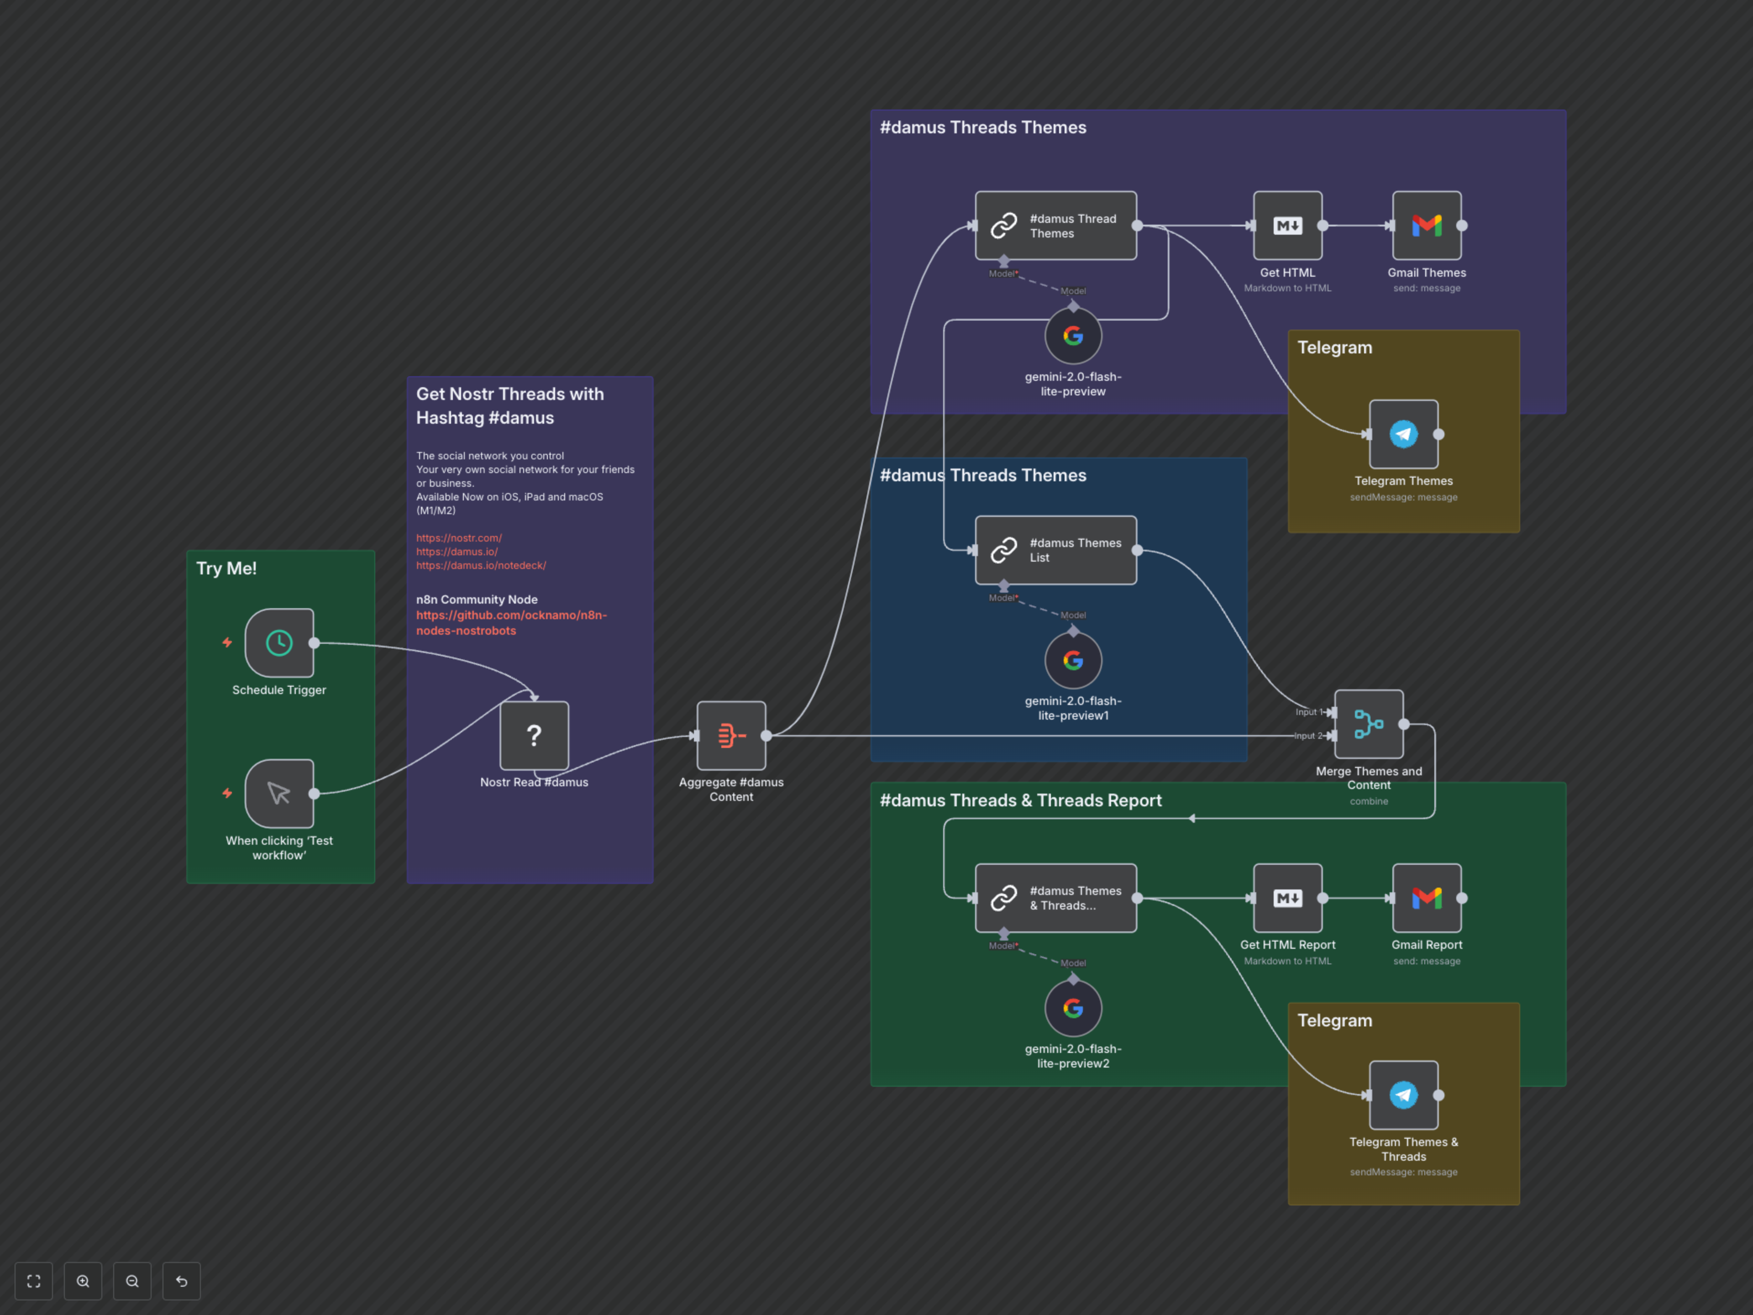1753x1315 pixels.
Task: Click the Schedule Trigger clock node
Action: (x=279, y=643)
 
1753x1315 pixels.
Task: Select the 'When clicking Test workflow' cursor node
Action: (x=279, y=794)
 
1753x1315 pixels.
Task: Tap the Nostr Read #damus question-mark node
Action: (x=534, y=736)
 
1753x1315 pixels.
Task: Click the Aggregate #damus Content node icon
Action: (x=731, y=736)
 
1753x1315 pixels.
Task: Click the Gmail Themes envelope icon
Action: (x=1427, y=226)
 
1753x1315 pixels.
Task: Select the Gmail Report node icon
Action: (x=1427, y=898)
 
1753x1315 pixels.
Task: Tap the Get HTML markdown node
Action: (x=1287, y=226)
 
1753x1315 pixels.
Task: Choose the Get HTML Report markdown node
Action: (x=1287, y=898)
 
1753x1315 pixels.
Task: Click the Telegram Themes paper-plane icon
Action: (x=1403, y=434)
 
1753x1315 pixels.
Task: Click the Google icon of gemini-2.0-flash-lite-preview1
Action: (x=1073, y=660)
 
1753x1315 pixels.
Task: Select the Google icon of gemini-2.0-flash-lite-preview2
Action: (x=1073, y=1008)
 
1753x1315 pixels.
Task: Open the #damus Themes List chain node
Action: (x=1055, y=550)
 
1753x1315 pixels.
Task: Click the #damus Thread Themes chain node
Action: (x=1055, y=226)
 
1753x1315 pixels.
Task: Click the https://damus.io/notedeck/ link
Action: (x=481, y=565)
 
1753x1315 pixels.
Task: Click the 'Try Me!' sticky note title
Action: (x=226, y=568)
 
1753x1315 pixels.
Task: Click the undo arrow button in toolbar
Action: (x=182, y=1281)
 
